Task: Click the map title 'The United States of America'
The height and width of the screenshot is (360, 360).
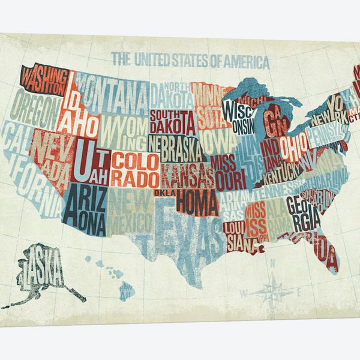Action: coord(191,60)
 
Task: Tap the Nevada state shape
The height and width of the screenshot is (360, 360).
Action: coord(51,153)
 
